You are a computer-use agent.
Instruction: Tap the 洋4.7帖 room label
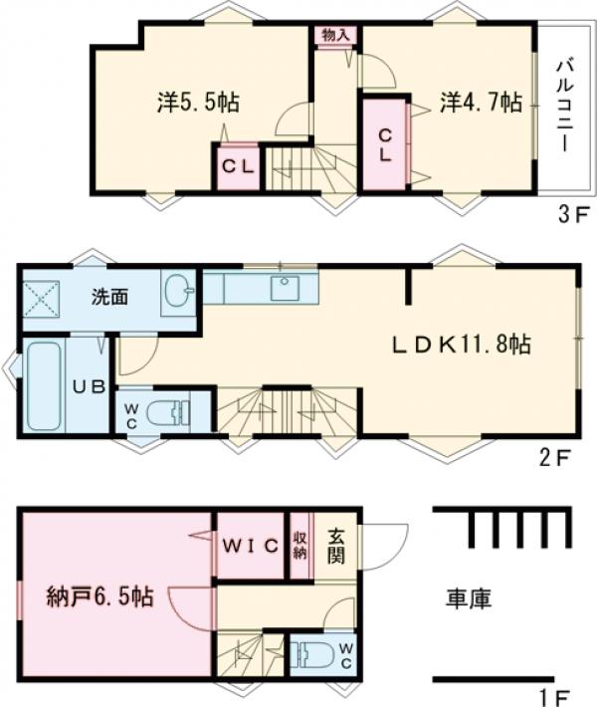pyautogui.click(x=482, y=102)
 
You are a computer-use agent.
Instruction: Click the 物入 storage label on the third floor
pyautogui.click(x=334, y=34)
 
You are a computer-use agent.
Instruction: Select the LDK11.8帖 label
pyautogui.click(x=459, y=345)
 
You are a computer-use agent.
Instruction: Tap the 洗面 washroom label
pyautogui.click(x=109, y=296)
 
